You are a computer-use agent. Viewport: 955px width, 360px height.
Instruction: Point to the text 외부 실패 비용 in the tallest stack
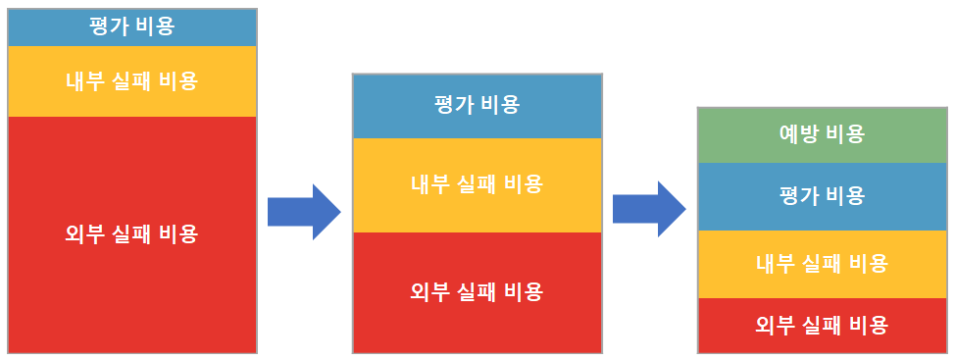coord(132,234)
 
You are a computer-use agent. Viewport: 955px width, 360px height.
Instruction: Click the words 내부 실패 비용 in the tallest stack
coord(132,81)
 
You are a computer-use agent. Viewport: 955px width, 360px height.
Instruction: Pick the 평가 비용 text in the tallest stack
coord(132,26)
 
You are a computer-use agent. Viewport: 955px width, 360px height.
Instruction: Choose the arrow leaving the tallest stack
coord(303,211)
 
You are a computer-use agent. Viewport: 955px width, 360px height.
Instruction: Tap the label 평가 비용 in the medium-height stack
coord(477,105)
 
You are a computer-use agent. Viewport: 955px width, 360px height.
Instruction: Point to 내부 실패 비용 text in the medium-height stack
coord(477,183)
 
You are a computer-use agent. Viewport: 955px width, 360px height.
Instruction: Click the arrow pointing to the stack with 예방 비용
coord(648,209)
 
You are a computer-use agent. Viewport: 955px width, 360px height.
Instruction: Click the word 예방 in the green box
coord(799,134)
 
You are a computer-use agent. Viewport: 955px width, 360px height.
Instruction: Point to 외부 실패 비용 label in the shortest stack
coord(822,325)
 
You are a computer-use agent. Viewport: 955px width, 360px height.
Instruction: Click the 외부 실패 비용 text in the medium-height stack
coord(477,291)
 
